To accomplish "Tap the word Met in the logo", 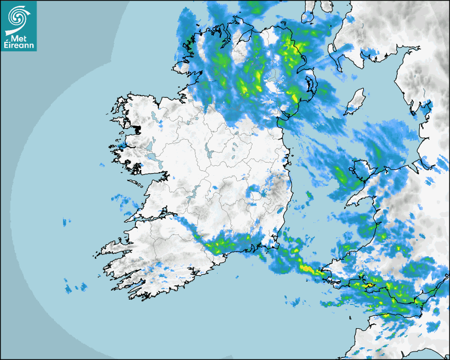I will tap(17, 38).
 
